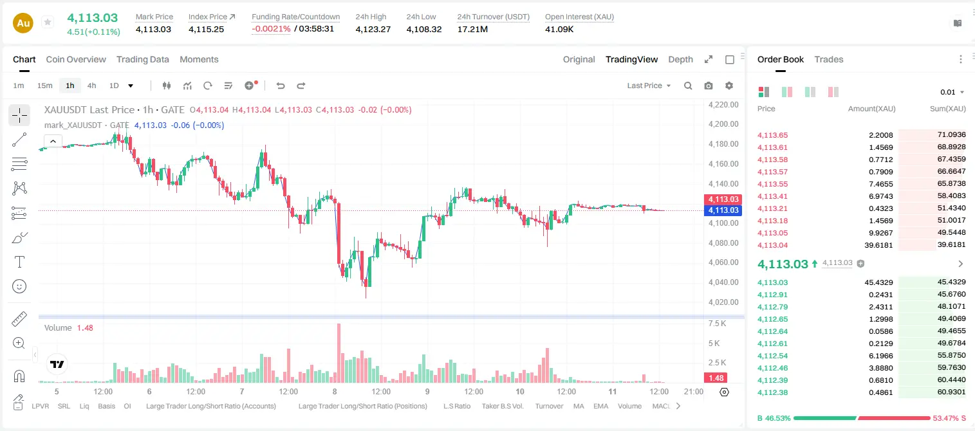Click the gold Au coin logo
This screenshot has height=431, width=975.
pos(23,23)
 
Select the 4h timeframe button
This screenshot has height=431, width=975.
pos(91,86)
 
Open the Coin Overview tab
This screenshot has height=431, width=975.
pos(76,59)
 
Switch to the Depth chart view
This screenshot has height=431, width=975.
pos(680,59)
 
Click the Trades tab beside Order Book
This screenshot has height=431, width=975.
pos(829,59)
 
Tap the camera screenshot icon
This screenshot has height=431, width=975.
pos(709,86)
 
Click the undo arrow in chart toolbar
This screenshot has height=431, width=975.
pos(281,86)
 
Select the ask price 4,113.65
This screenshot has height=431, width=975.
pos(772,135)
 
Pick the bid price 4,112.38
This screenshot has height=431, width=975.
pos(772,392)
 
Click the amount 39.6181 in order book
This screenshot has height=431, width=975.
pos(878,245)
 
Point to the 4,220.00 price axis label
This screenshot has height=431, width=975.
pos(723,104)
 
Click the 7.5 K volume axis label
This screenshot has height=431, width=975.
pos(717,324)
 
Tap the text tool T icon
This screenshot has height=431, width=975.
pos(19,262)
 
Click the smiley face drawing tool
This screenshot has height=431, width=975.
pos(19,286)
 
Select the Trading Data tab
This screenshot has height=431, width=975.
pos(142,59)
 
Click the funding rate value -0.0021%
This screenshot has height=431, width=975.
pos(271,29)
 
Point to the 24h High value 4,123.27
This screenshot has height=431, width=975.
pos(373,29)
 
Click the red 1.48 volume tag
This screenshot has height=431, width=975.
pos(716,378)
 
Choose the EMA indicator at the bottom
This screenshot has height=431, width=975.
pos(600,406)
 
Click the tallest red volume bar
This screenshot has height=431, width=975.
pos(339,353)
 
